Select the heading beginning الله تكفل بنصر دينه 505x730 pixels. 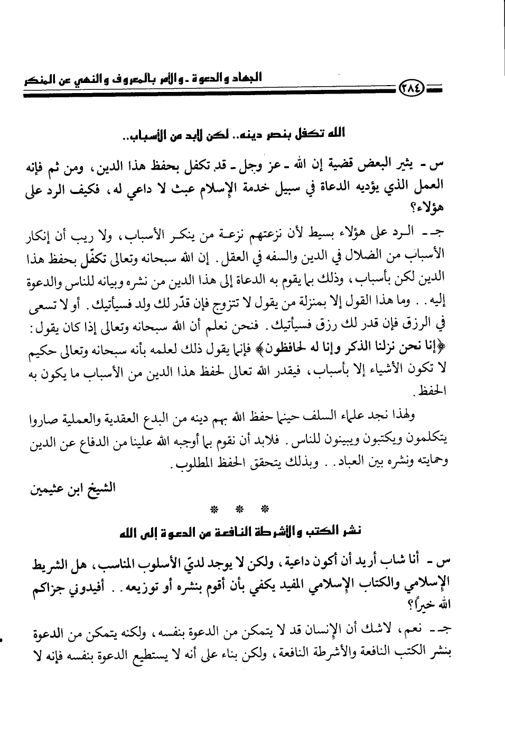tap(232, 135)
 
